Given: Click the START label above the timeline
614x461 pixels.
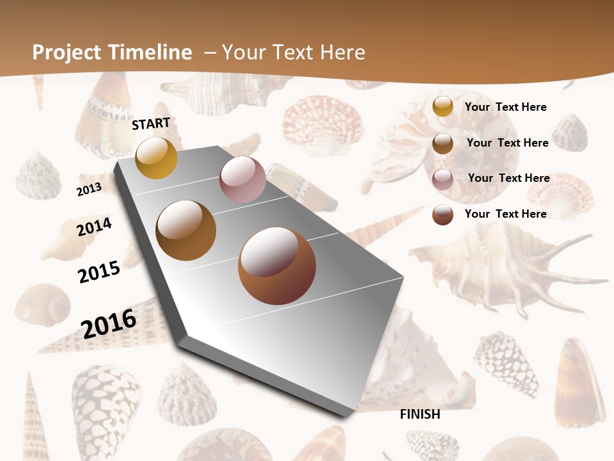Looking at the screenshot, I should (151, 124).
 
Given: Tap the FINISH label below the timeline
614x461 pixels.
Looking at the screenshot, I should (420, 414).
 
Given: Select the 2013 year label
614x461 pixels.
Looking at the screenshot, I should (89, 189).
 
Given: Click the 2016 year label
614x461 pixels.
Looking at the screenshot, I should (109, 323).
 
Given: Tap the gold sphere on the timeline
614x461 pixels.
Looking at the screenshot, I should (156, 158).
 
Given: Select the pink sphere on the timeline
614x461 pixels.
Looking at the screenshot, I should (242, 179).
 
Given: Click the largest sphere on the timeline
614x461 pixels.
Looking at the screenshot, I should (277, 266).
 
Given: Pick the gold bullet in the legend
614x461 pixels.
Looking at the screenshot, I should (443, 106).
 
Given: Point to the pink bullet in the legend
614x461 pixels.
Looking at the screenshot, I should (443, 179).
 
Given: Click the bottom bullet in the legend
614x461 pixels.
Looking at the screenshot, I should (443, 214).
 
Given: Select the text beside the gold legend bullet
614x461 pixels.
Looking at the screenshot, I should (505, 107).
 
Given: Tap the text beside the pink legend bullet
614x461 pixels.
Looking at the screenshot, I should (508, 178).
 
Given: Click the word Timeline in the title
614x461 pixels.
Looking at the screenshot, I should (152, 53).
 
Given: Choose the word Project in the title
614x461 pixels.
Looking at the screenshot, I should (68, 53).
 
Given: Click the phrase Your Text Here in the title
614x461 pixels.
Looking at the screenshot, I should (294, 53).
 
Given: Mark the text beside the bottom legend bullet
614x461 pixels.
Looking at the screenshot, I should (505, 214).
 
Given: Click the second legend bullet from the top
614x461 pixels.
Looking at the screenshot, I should (443, 143).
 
